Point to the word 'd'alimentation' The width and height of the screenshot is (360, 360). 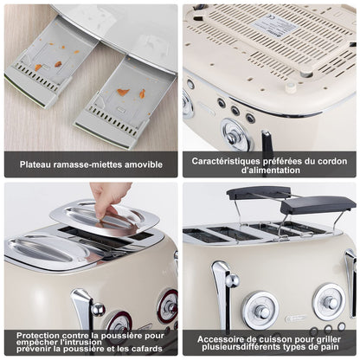271,170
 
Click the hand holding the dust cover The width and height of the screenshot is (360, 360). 108,197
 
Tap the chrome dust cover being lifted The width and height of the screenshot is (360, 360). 105,218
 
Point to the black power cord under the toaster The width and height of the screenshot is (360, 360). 267,140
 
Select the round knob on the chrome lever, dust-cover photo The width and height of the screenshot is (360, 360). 98,309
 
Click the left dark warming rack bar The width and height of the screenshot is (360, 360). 258,193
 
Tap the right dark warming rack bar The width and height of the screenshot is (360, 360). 318,204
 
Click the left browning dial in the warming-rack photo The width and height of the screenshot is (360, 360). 260,311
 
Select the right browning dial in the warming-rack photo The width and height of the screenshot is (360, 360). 329,302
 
